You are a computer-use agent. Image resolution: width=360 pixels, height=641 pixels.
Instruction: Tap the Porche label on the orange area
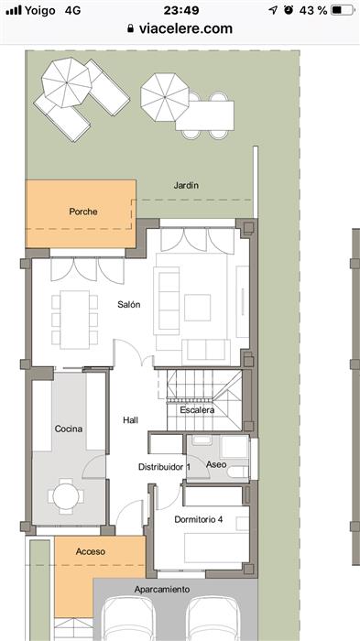point(83,212)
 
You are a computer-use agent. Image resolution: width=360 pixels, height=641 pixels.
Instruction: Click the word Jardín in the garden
point(186,185)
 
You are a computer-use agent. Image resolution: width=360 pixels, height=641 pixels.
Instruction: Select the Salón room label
point(129,305)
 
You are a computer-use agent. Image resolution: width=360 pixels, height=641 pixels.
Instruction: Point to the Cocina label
point(69,429)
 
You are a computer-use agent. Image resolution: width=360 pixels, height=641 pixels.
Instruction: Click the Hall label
point(130,419)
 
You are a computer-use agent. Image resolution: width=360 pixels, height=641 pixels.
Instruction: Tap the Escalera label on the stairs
point(197,410)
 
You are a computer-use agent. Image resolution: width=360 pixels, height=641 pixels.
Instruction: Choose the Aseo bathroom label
point(216,464)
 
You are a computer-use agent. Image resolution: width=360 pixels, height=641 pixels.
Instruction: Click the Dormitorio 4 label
point(199,519)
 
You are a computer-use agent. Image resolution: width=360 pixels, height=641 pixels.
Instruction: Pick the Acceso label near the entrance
point(91,551)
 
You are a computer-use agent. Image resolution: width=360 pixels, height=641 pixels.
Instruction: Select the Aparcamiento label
point(162,590)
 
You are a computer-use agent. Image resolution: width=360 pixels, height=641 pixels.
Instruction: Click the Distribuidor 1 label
point(164,467)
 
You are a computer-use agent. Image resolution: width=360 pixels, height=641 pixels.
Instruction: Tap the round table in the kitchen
point(66,496)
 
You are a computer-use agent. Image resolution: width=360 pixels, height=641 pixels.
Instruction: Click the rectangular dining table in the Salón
point(75,320)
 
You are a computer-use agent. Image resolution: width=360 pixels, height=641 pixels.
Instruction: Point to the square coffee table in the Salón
point(197,308)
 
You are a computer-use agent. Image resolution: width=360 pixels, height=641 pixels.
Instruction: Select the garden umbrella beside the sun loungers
point(67,82)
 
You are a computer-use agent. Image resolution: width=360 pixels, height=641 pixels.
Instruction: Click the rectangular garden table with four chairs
point(205,115)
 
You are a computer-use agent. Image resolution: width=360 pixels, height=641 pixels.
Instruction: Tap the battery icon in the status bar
point(342,10)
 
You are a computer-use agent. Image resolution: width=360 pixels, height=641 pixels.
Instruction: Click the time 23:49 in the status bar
point(181,10)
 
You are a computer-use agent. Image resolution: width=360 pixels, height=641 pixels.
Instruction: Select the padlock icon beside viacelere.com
point(130,28)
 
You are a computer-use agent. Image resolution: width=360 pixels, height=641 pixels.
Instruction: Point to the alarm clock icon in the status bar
point(289,10)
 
